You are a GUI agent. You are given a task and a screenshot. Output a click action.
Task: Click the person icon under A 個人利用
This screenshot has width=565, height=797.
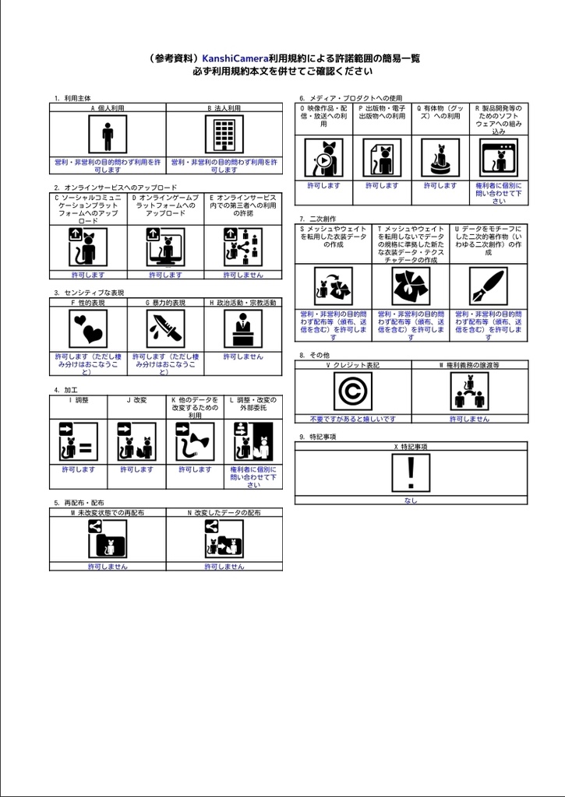(x=108, y=135)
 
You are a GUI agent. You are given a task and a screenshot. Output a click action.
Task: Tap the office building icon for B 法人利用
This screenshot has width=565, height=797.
(x=224, y=135)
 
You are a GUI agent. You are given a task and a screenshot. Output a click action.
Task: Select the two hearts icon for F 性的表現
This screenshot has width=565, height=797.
(x=87, y=329)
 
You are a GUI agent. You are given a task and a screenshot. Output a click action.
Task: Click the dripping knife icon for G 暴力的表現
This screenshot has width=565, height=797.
(x=165, y=329)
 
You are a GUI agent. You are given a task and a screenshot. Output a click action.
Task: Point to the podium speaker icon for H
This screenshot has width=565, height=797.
(x=243, y=329)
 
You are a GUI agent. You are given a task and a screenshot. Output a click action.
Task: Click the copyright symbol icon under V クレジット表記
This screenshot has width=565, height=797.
(x=352, y=391)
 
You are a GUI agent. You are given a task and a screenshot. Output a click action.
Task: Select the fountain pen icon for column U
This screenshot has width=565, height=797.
(x=488, y=286)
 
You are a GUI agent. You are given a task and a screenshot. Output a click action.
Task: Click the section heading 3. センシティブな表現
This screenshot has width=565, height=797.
(x=89, y=293)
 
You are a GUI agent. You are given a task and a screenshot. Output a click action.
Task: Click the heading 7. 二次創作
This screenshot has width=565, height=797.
(x=317, y=219)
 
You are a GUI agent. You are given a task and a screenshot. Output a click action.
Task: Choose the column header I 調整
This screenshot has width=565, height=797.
(x=78, y=400)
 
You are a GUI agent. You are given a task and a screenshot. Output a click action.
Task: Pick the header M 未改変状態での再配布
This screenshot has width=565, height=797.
(x=108, y=513)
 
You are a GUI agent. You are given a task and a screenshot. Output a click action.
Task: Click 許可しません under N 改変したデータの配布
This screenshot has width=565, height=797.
(x=224, y=567)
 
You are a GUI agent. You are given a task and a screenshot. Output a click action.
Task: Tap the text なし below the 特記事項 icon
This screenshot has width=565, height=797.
(x=411, y=500)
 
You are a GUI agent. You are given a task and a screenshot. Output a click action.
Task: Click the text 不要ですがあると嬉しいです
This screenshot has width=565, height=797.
(x=352, y=419)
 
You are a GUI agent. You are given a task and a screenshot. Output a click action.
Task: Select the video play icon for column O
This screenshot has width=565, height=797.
(x=323, y=159)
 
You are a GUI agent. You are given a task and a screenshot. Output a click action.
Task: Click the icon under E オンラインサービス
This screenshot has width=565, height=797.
(x=243, y=248)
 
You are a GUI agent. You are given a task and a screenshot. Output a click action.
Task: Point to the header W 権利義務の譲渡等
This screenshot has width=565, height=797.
(x=469, y=364)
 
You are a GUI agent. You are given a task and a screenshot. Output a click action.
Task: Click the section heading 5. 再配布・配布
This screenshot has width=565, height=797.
(x=79, y=503)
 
